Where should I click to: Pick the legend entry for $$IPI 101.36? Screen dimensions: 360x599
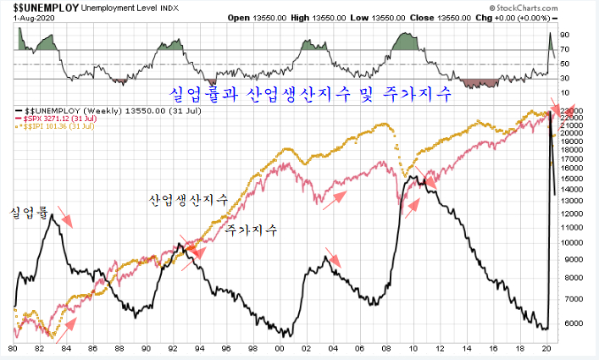coord(63,126)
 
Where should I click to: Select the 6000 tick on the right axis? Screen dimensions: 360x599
coord(569,323)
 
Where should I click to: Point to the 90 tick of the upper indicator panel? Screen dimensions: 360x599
coord(564,36)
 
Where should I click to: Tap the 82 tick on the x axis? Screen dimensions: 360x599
coord(39,348)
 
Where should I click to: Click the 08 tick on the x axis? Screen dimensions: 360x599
coord(386,348)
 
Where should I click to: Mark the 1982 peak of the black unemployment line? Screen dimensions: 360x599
coord(52,215)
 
